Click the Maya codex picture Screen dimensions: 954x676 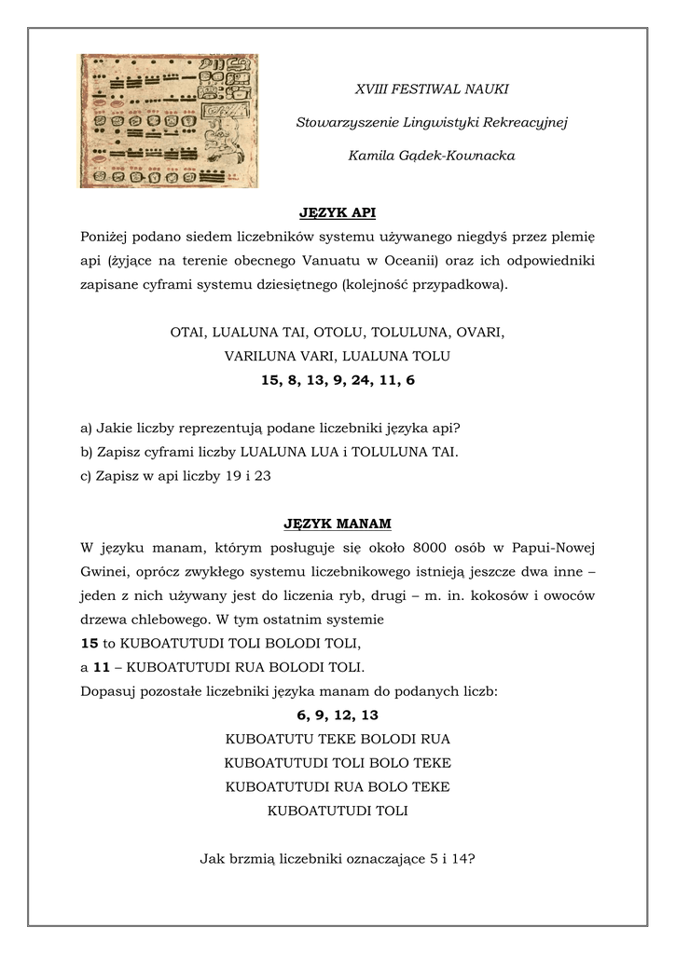[168, 120]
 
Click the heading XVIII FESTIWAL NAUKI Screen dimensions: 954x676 [432, 89]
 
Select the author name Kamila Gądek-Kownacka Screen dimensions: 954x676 [432, 156]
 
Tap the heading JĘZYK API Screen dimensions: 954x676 [338, 213]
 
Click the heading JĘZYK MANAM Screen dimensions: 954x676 [338, 525]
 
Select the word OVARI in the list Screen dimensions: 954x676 [484, 332]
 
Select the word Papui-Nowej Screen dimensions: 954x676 [556, 548]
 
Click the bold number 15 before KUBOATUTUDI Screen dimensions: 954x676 [90, 644]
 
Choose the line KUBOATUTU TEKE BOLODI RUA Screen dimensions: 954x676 [338, 739]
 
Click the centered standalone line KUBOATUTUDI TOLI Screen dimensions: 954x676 [338, 811]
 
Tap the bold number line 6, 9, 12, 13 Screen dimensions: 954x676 [338, 715]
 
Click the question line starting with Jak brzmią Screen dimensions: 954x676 [338, 859]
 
